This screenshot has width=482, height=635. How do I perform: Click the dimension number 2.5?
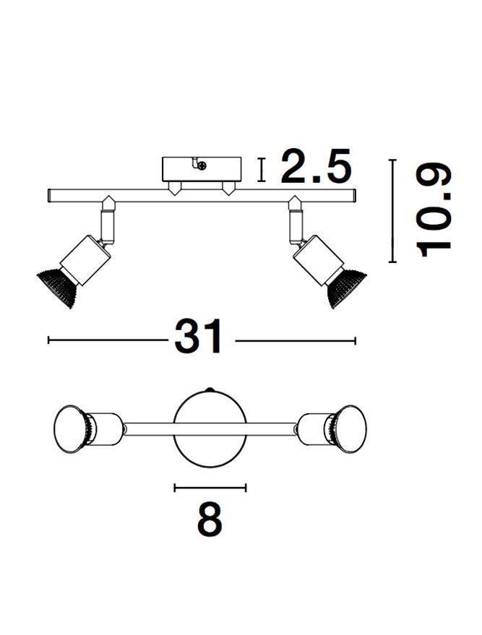point(315,165)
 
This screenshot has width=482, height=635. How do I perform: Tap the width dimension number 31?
point(199,336)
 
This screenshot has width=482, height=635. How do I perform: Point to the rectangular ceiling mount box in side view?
point(202,170)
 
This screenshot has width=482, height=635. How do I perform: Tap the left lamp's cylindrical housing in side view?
point(85,259)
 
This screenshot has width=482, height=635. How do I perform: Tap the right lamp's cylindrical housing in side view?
point(318,259)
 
